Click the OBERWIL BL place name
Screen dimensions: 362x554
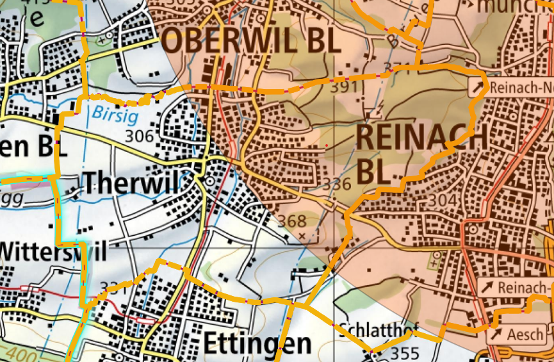pyautogui.click(x=250, y=41)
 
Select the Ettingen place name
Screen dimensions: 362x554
pyautogui.click(x=257, y=343)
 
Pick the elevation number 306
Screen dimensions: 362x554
pyautogui.click(x=140, y=136)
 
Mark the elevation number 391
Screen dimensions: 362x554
pyautogui.click(x=344, y=87)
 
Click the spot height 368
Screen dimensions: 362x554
pyautogui.click(x=292, y=221)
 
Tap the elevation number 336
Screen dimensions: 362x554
pyautogui.click(x=337, y=185)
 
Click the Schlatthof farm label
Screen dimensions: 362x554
pyautogui.click(x=374, y=329)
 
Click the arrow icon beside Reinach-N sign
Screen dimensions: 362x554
pyautogui.click(x=478, y=87)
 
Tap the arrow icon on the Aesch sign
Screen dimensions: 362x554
pyautogui.click(x=496, y=334)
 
